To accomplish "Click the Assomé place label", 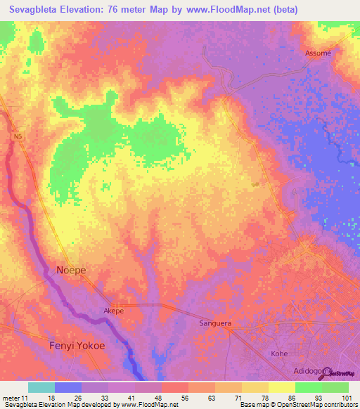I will (x=318, y=53).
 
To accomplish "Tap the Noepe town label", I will (x=71, y=269).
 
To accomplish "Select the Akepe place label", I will (x=113, y=311).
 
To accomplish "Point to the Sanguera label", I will (x=214, y=324).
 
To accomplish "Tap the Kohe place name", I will (x=279, y=353).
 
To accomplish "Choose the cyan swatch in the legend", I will (x=41, y=387).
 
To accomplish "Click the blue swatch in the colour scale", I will (x=68, y=387).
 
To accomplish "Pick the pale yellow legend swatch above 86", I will (x=281, y=387).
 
